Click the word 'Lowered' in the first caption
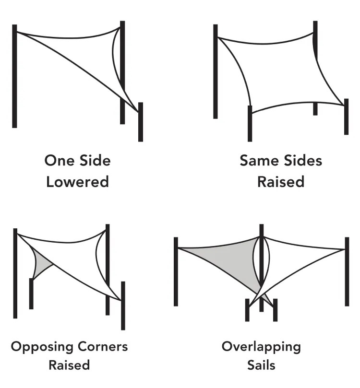click(77, 182)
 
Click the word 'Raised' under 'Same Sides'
click(281, 182)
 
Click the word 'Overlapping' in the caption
click(261, 347)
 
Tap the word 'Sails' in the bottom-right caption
click(261, 365)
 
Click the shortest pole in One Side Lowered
click(141, 122)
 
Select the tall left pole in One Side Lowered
click(14, 77)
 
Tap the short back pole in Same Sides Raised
click(315, 108)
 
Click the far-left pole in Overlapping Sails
click(176, 271)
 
